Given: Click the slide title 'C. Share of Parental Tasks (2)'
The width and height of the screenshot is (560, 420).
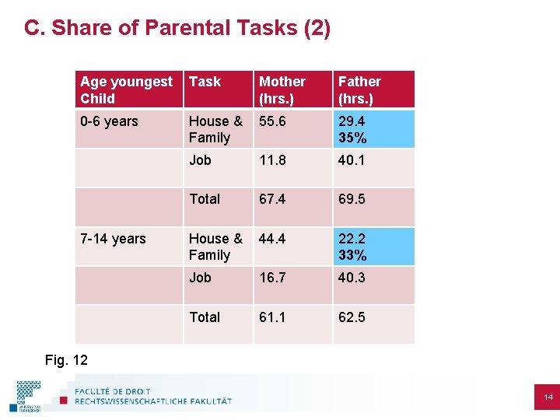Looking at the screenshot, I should click(x=177, y=29).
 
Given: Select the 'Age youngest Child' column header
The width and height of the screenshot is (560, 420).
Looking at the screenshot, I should click(x=127, y=89).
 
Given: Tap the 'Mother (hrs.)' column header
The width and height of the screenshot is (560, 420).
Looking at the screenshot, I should click(x=282, y=89).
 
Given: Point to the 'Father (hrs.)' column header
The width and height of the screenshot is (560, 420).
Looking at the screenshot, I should click(x=359, y=89).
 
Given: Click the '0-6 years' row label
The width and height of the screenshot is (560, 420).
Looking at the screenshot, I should click(x=109, y=121).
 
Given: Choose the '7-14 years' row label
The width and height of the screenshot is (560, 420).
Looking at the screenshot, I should click(x=113, y=239).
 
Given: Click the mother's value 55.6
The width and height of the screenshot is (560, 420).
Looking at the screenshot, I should click(x=272, y=121).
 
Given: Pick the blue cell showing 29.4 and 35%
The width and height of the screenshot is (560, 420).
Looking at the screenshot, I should click(x=373, y=129).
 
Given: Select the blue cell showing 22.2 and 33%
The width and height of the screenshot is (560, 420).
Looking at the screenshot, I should click(x=373, y=247).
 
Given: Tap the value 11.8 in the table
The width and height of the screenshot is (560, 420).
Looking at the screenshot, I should click(x=272, y=160).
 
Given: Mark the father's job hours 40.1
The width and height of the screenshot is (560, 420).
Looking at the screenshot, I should click(x=352, y=160).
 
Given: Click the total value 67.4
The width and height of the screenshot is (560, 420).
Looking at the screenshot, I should click(x=273, y=199).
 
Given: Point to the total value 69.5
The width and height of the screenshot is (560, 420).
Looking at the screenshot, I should click(x=352, y=199).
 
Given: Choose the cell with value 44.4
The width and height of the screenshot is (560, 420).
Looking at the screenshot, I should click(x=273, y=239).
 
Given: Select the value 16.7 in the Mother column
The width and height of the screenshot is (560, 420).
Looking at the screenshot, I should click(x=272, y=278).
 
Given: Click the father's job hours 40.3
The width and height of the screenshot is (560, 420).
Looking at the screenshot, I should click(x=352, y=278).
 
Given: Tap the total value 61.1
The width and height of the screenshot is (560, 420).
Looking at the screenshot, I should click(x=272, y=317).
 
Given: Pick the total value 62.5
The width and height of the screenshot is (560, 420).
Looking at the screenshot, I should click(x=352, y=317).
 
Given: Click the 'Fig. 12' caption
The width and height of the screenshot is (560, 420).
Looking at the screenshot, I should click(x=66, y=360).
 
